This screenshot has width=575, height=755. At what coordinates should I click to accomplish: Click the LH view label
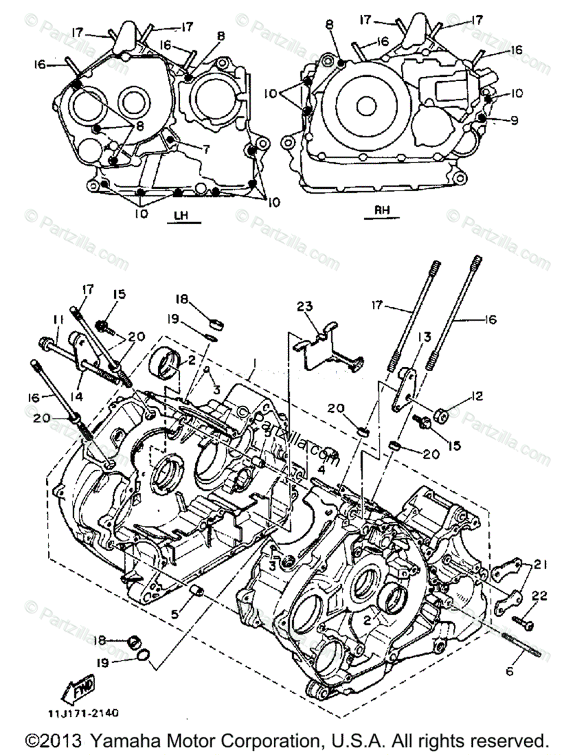point(181,215)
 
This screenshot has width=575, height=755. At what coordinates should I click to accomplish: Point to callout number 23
point(305,307)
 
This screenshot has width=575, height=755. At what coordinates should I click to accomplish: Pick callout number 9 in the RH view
point(515,120)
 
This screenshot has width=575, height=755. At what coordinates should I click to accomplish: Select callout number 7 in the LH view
point(205,149)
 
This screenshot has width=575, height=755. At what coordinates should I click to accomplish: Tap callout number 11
point(58,320)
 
